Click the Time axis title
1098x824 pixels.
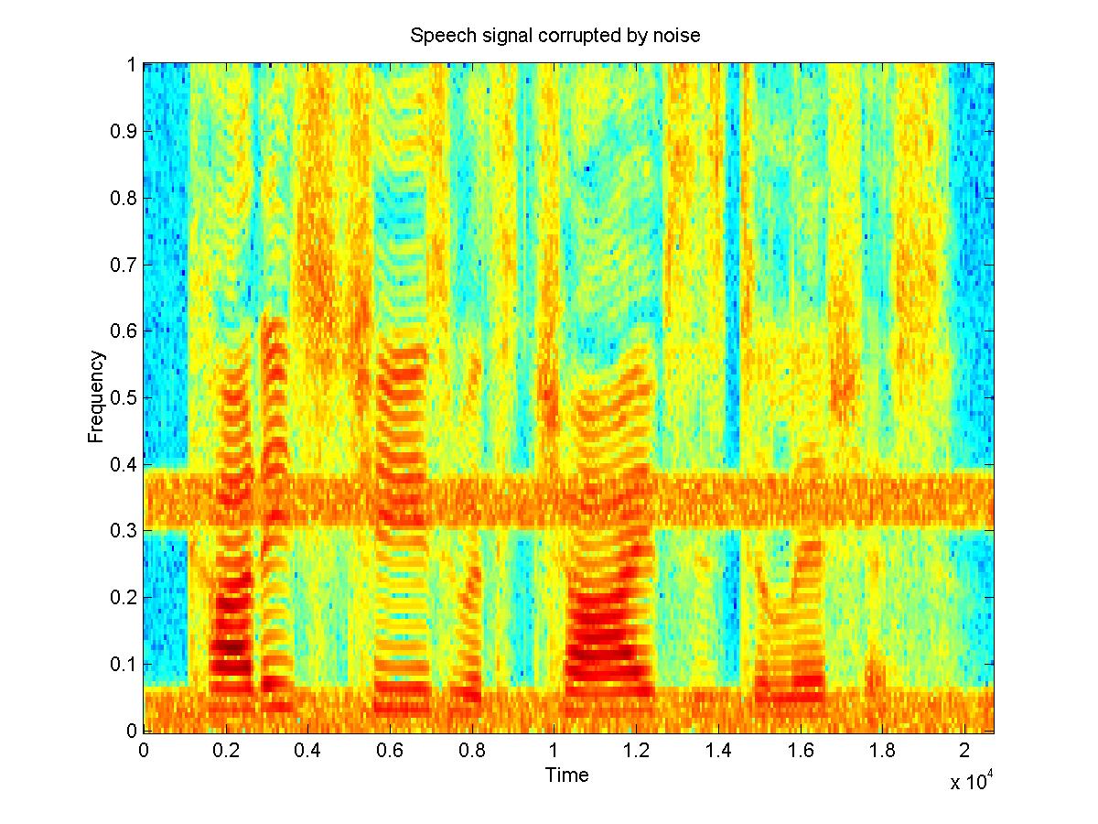[567, 775]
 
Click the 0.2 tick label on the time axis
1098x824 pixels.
[226, 750]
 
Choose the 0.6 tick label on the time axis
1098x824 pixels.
[390, 750]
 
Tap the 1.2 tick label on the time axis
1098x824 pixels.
[636, 750]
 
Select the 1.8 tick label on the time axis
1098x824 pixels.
[882, 750]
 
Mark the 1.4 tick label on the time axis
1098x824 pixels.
[718, 750]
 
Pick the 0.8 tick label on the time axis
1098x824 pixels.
[472, 750]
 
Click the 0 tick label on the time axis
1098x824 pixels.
[144, 750]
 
